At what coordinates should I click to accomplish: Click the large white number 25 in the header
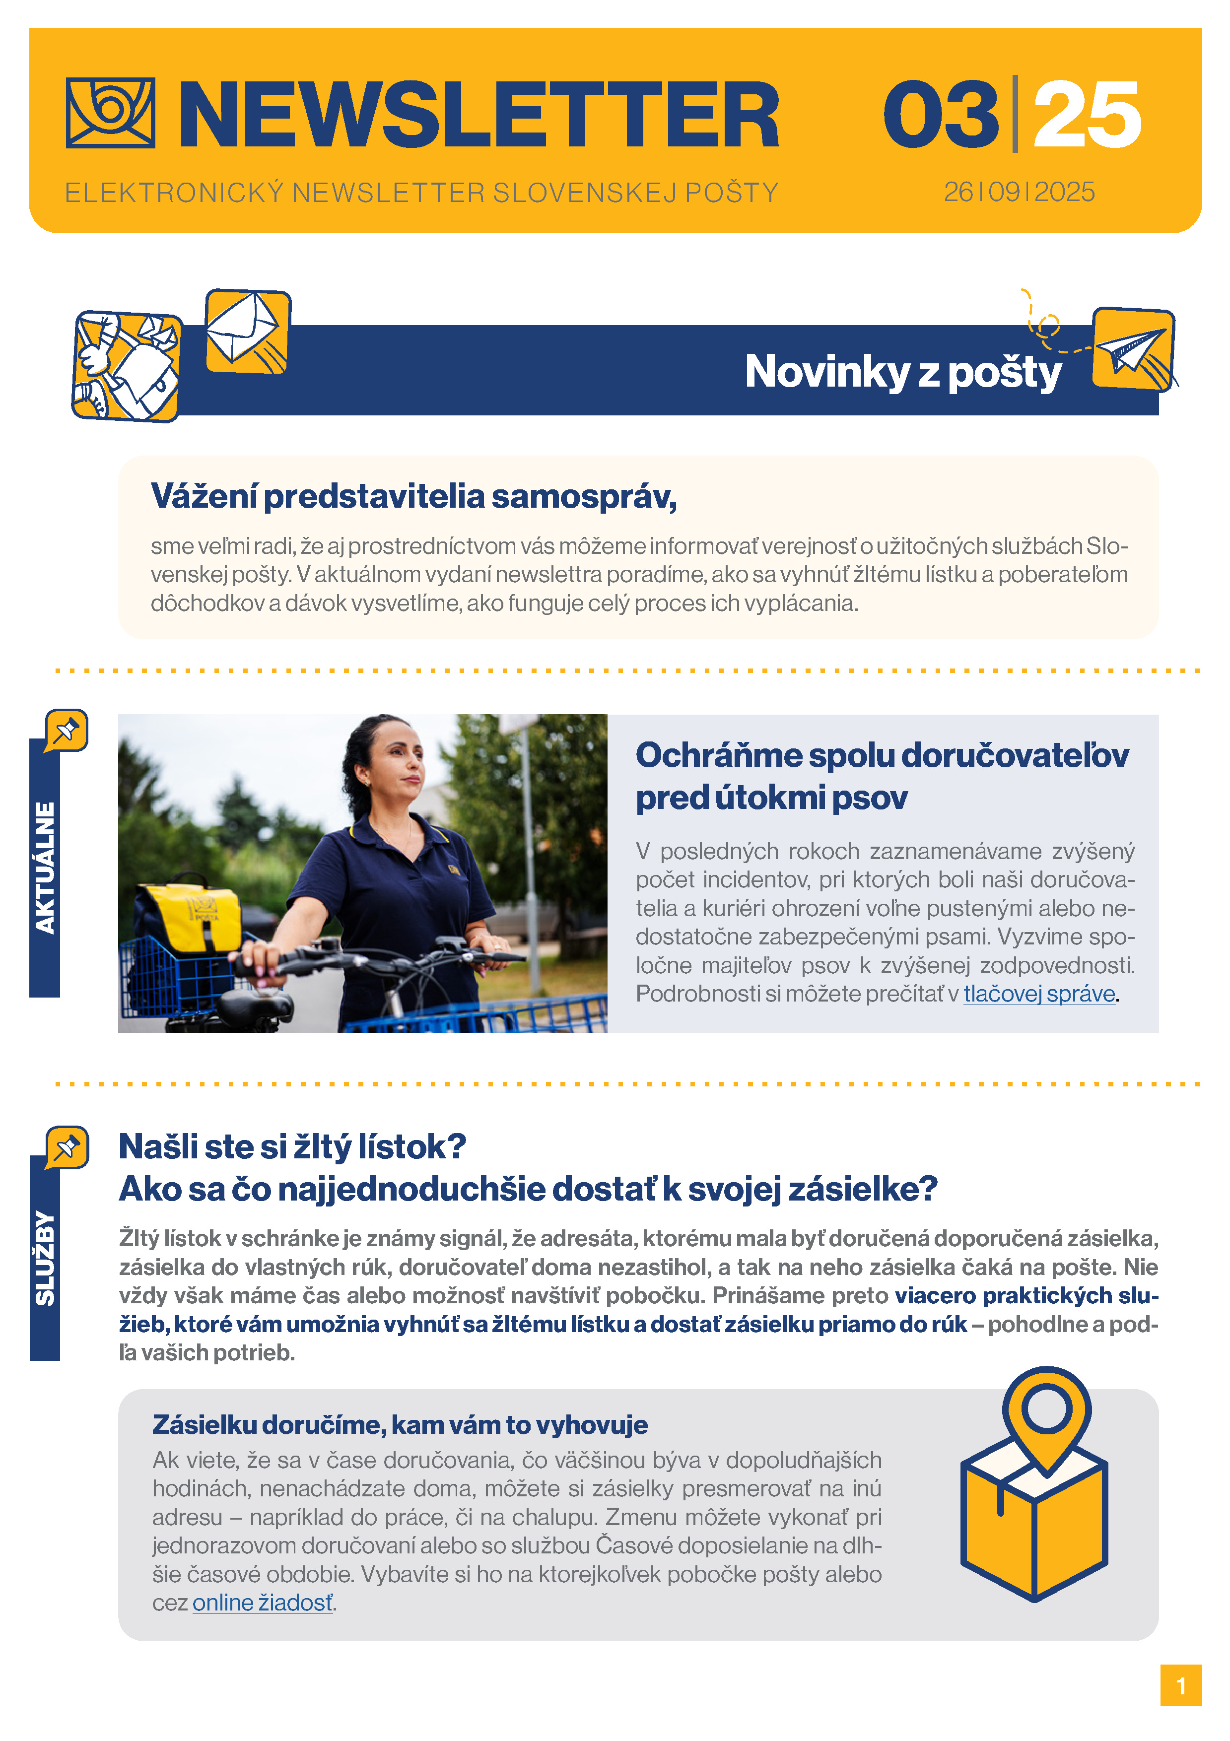pos(1086,115)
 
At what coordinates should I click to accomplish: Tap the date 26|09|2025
pos(1019,192)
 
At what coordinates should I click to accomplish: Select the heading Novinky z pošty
pos(902,372)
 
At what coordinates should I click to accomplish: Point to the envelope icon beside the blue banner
pos(247,331)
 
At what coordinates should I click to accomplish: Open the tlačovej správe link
pos(1039,994)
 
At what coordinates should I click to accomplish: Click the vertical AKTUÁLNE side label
pos(45,868)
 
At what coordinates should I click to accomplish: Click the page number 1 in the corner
pos(1180,1685)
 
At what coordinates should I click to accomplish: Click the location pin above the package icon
pos(1046,1413)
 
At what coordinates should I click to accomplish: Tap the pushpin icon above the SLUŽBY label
pos(67,1146)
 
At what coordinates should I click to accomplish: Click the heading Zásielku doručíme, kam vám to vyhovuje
pos(400,1425)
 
